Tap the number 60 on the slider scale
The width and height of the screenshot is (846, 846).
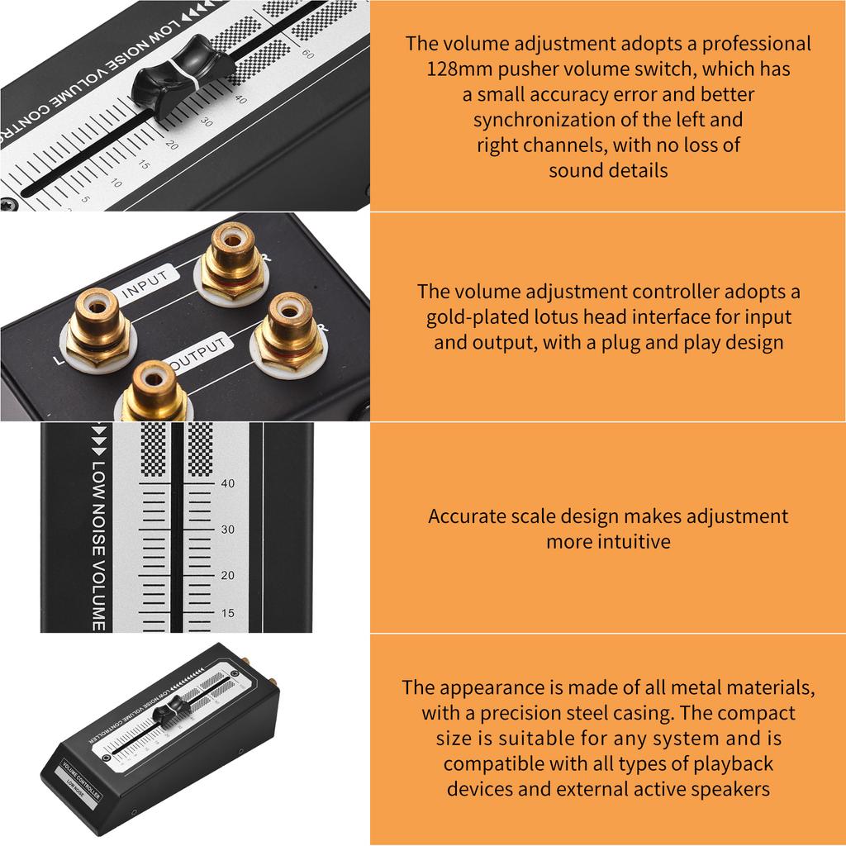click(307, 55)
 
